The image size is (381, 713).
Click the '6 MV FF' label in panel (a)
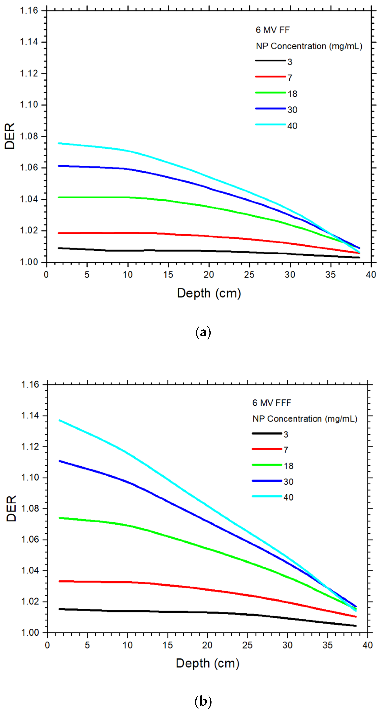click(272, 30)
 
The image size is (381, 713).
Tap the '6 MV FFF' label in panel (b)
click(272, 403)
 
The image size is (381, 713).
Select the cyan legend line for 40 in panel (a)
click(270, 125)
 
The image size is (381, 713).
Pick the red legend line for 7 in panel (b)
click(267, 449)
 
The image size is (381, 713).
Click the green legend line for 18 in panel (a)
click(270, 92)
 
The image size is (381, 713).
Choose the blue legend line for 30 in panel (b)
click(267, 481)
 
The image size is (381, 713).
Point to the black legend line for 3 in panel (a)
click(270, 61)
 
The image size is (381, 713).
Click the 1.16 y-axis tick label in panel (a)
click(29, 11)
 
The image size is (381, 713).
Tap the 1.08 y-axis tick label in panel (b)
click(30, 508)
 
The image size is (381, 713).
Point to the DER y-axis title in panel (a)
click(10, 136)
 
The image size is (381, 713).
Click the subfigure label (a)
click(203, 332)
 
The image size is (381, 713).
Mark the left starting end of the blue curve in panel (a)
click(59, 166)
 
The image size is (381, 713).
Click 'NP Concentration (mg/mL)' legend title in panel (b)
click(305, 419)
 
